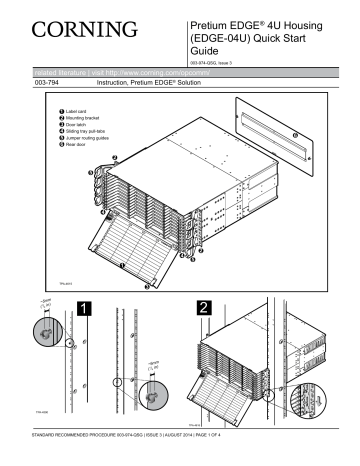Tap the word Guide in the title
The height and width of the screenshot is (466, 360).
coord(206,52)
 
